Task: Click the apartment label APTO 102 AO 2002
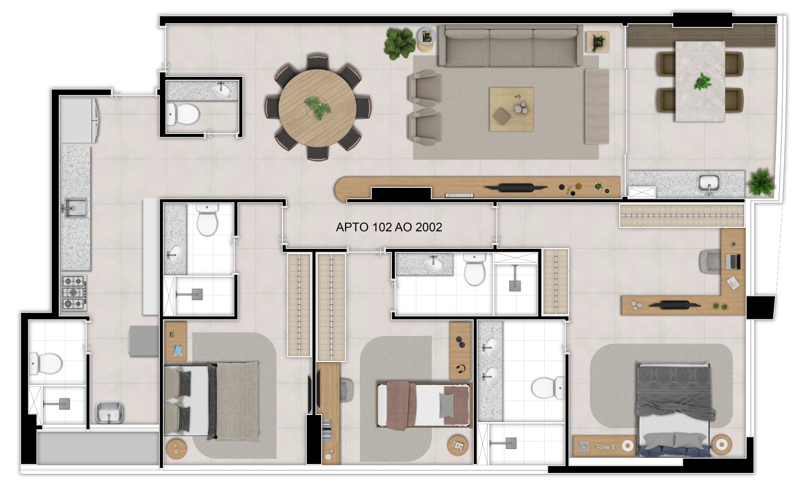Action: click(389, 227)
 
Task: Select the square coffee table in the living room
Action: click(511, 109)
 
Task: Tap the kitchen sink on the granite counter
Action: click(74, 208)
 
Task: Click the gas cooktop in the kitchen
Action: click(74, 292)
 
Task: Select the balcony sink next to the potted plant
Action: click(709, 183)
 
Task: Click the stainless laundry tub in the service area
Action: click(110, 413)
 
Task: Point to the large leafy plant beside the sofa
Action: click(400, 43)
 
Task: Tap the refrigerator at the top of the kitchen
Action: click(78, 120)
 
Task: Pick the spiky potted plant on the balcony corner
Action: click(761, 182)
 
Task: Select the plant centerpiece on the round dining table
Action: click(317, 106)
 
